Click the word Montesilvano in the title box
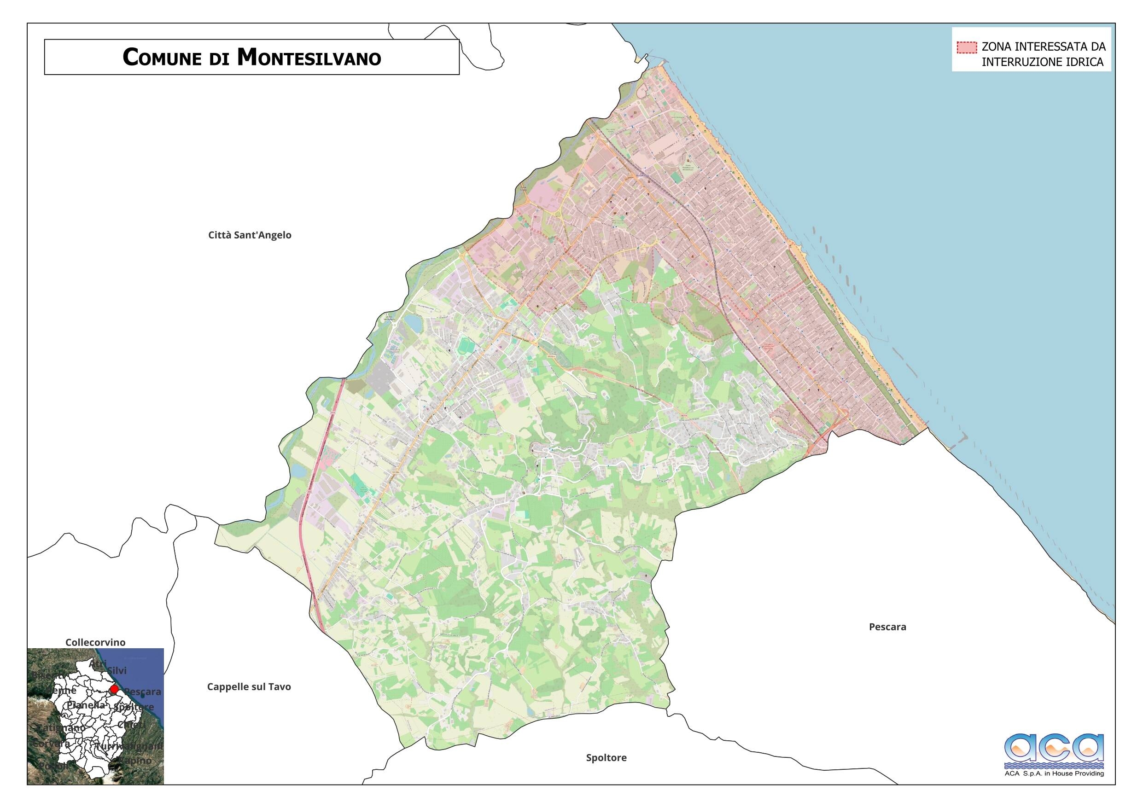(309, 57)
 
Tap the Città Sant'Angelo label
(250, 235)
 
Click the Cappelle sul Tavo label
(249, 686)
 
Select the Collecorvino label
(96, 642)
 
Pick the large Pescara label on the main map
(887, 627)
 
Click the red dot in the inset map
(114, 689)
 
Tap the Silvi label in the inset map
(117, 671)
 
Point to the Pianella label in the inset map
(86, 705)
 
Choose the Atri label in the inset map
(98, 663)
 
